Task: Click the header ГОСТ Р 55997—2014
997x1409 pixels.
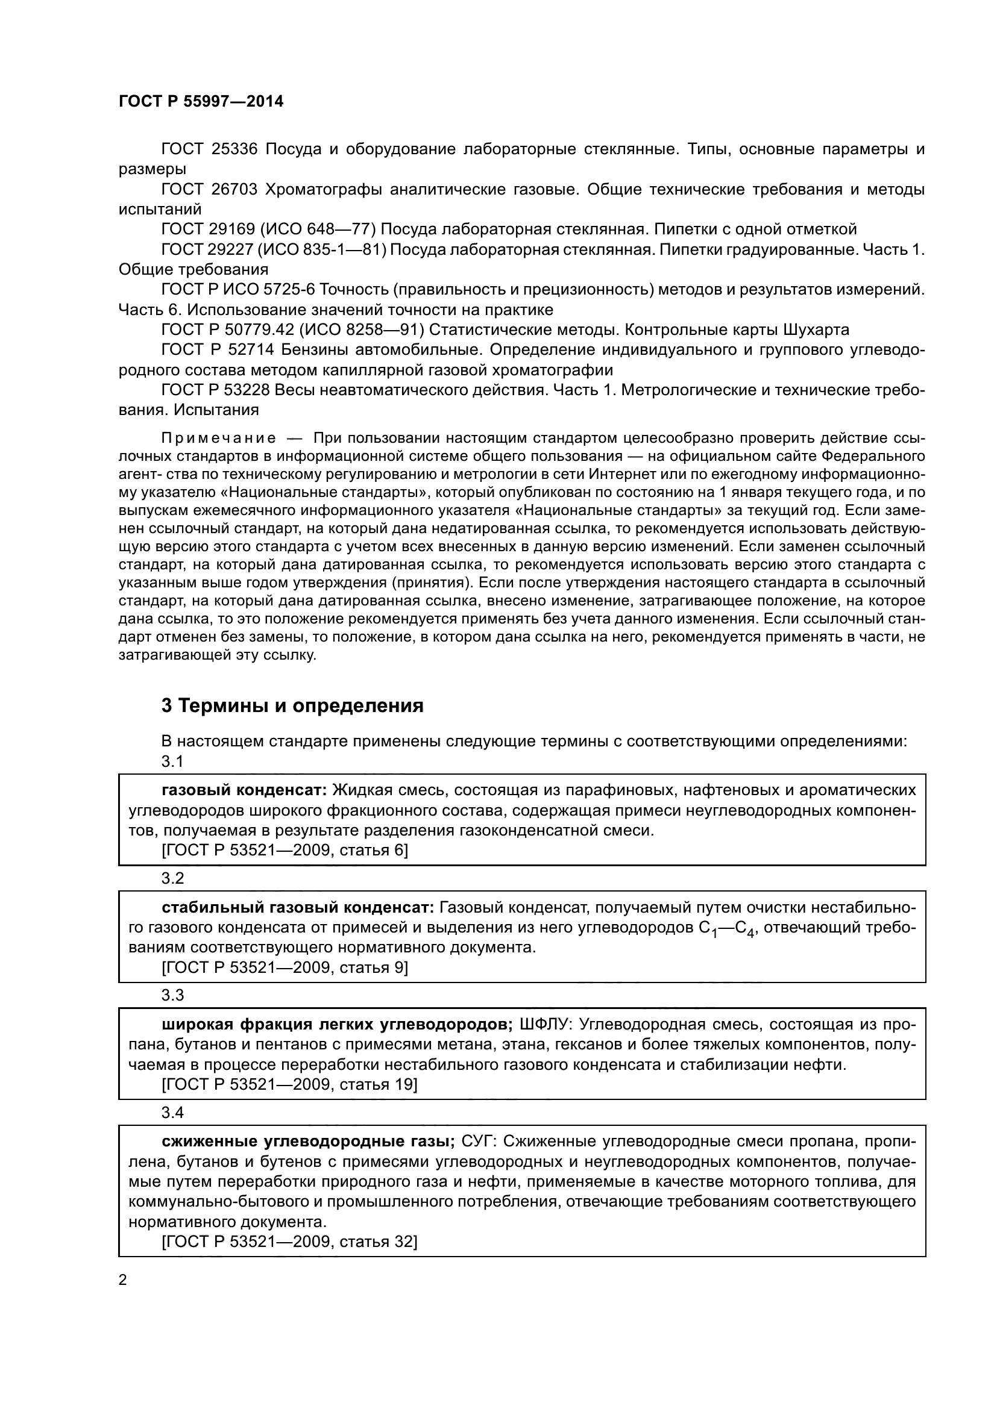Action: pos(201,102)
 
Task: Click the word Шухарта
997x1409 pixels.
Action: pos(817,330)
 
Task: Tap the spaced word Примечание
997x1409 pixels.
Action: pos(219,438)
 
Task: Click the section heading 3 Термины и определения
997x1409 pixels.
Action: pos(292,706)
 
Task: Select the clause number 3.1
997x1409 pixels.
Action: pos(172,761)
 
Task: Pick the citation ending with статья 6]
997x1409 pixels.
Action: pos(285,850)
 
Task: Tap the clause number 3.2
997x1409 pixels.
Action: pos(172,879)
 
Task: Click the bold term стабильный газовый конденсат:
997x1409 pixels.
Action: pos(298,907)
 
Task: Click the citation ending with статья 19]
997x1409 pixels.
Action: pos(289,1084)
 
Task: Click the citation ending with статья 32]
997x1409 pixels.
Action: pos(289,1242)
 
